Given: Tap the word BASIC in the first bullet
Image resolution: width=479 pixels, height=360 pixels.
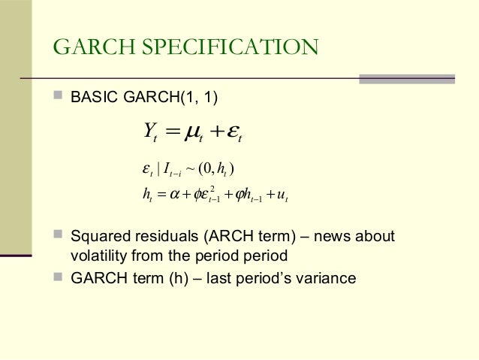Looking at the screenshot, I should [91, 98].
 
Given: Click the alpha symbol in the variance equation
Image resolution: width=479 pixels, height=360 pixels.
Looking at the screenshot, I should [177, 197].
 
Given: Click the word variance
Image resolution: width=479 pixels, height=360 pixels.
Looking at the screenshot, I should [327, 278].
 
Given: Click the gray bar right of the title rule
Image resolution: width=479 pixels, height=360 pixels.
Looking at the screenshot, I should [406, 78].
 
